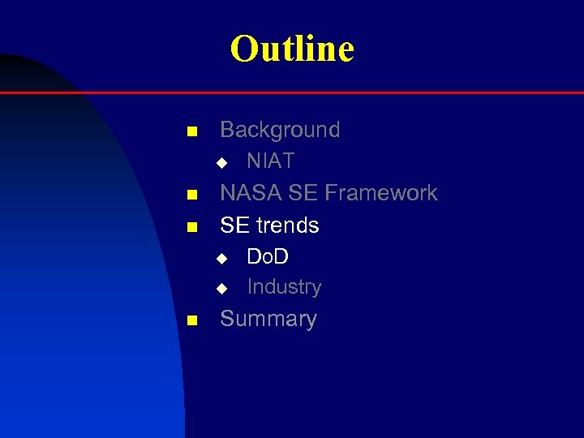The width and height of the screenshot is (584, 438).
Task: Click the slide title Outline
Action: (292, 49)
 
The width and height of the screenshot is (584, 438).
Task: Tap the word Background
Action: (280, 130)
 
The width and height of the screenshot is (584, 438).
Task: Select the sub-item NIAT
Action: (270, 161)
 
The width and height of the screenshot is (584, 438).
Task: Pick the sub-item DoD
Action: (268, 257)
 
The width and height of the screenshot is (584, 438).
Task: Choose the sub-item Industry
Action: (284, 287)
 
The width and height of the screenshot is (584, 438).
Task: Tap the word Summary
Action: (268, 319)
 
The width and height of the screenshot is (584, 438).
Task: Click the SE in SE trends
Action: (234, 225)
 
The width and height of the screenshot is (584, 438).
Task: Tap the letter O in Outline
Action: (243, 49)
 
